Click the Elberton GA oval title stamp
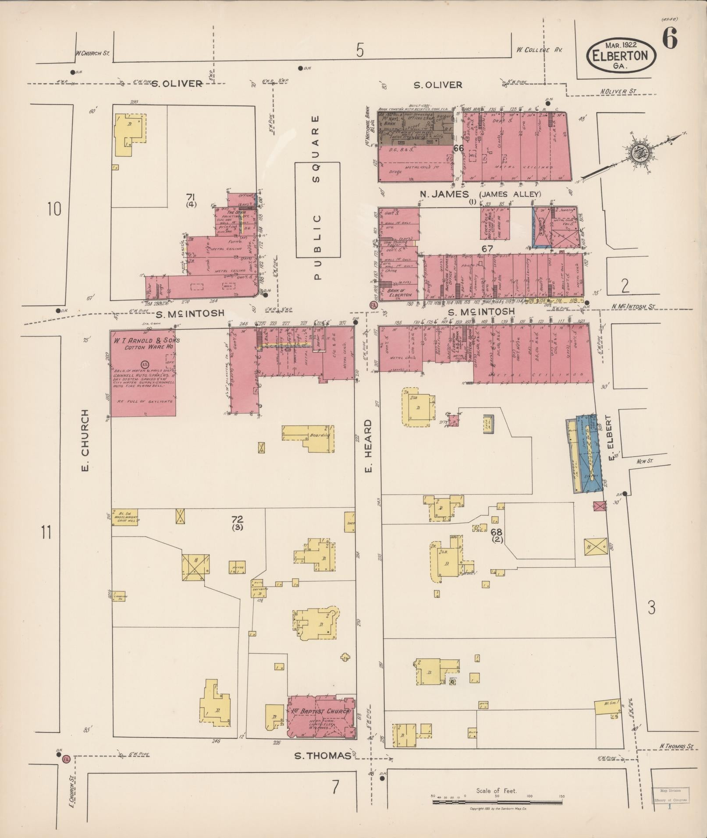[x=622, y=56]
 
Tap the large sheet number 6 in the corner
[x=669, y=38]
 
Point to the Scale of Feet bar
[x=497, y=802]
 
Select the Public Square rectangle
[x=317, y=209]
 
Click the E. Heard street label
[x=368, y=446]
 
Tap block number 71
[x=191, y=197]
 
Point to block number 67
[x=487, y=248]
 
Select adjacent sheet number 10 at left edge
[x=54, y=209]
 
